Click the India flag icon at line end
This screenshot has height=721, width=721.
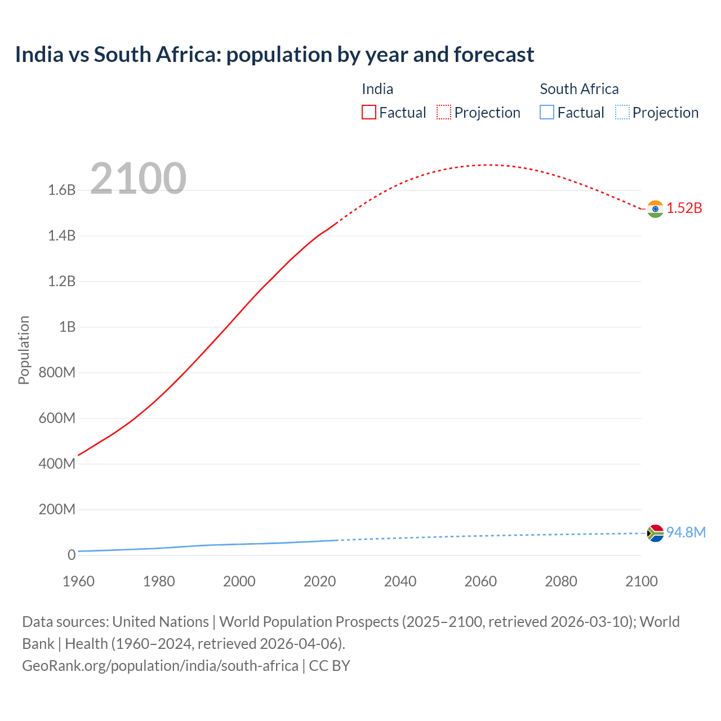tap(655, 209)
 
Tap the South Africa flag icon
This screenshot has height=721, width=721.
tap(655, 533)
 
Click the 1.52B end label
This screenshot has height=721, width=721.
tap(684, 208)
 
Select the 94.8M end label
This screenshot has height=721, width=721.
tap(686, 533)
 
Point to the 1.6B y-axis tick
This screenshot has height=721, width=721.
tap(62, 190)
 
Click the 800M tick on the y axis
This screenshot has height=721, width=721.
tap(57, 373)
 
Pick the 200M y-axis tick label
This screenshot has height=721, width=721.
tap(57, 510)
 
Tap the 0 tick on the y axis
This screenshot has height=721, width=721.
tap(72, 555)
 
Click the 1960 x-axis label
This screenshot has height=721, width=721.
tap(79, 581)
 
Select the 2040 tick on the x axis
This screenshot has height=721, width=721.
tap(400, 581)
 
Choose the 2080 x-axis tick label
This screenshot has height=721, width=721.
tap(561, 581)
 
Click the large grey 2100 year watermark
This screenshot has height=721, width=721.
tap(138, 179)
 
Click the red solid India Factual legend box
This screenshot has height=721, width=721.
tap(368, 113)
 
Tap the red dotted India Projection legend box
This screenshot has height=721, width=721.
tap(444, 113)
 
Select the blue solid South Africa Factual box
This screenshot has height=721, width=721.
tap(547, 113)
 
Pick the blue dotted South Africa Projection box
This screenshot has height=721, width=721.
tap(622, 113)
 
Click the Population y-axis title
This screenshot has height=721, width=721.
tap(24, 350)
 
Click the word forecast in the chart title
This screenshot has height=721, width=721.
tap(494, 55)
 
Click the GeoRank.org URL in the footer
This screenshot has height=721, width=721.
tap(160, 666)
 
